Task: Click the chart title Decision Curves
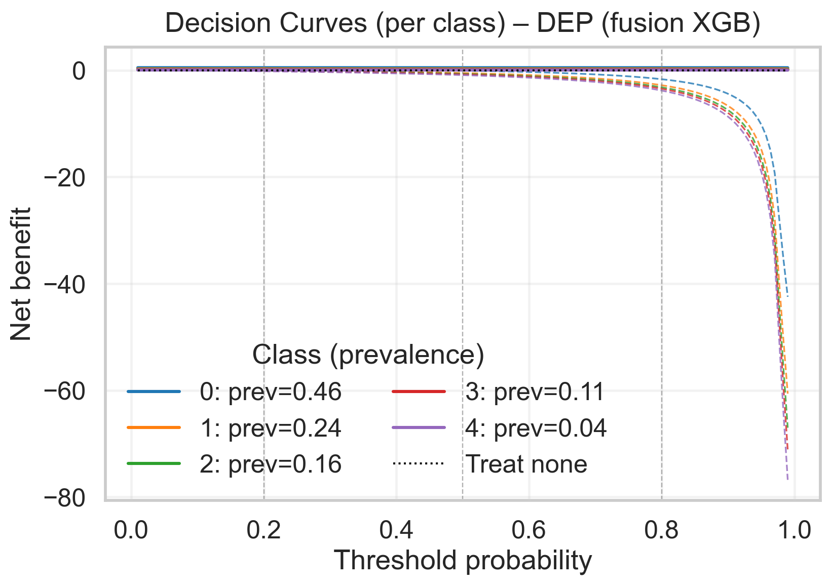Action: pyautogui.click(x=463, y=24)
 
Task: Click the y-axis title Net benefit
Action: pyautogui.click(x=21, y=274)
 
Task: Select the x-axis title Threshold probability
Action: pyautogui.click(x=463, y=561)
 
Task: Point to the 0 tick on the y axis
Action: pyautogui.click(x=79, y=71)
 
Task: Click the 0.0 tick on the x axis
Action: pyautogui.click(x=131, y=530)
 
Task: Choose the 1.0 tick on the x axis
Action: pyautogui.click(x=795, y=530)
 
